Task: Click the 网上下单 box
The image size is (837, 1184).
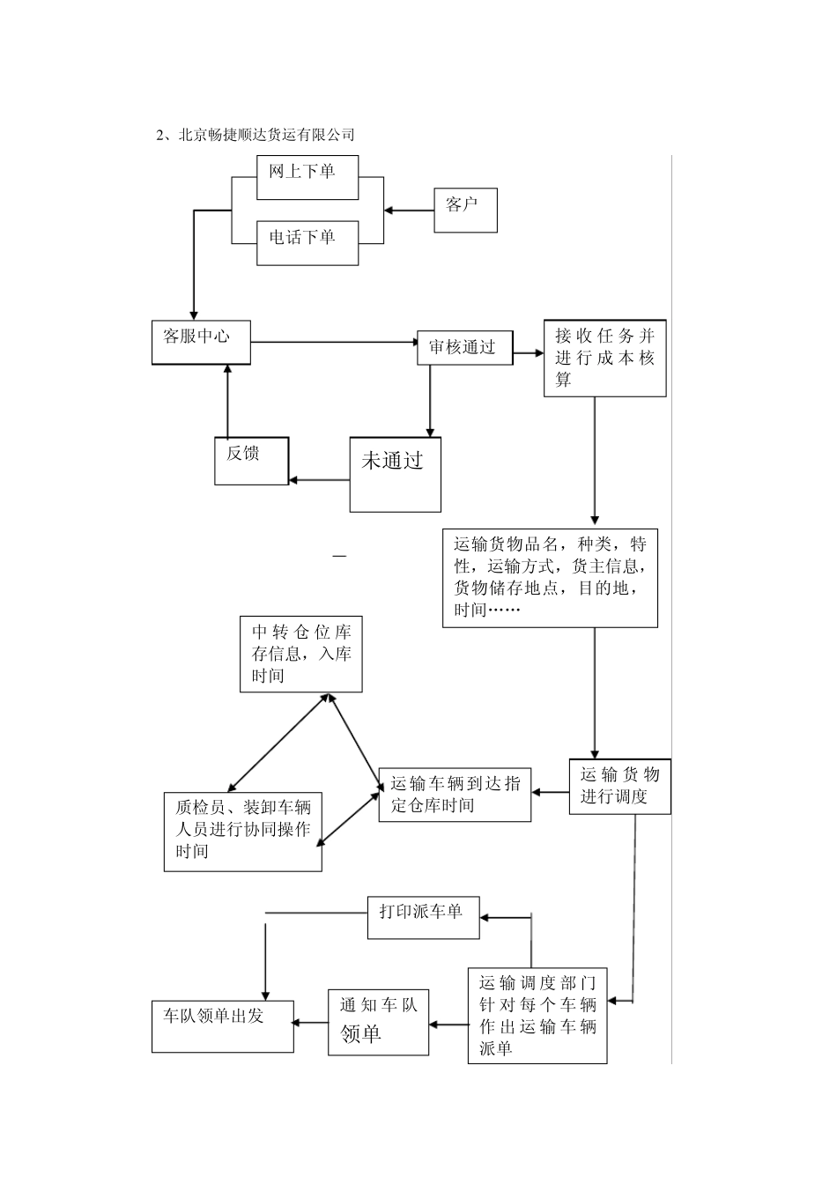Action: point(307,177)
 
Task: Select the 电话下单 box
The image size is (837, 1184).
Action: point(307,242)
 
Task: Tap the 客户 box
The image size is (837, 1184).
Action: point(465,210)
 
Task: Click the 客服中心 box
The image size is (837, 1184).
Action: point(201,342)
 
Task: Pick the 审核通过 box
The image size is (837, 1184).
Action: point(464,347)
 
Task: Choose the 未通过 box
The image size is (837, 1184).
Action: point(395,474)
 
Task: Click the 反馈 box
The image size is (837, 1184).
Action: point(251,460)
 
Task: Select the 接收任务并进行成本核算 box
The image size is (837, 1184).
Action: point(604,358)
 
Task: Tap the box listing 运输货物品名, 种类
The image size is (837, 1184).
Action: point(550,577)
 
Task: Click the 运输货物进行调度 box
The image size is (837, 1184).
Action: point(619,786)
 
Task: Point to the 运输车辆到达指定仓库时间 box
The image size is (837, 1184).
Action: point(455,795)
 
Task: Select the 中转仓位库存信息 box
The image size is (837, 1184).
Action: point(301,654)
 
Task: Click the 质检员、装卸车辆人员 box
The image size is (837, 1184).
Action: point(243,832)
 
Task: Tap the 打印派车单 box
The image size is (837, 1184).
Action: point(423,918)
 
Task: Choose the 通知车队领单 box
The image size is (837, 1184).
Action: point(379,1021)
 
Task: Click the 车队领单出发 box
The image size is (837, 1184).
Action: point(222,1026)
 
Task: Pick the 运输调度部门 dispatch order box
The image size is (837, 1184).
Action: point(537,1015)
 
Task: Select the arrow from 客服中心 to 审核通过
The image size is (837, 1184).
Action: point(335,342)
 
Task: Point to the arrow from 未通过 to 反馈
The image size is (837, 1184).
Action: point(319,480)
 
